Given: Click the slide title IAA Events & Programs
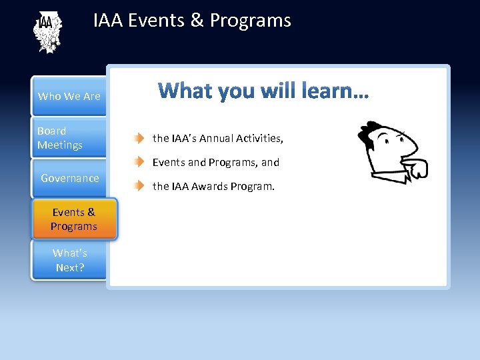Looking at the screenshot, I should point(192,21).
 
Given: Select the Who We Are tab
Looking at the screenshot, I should point(69,96).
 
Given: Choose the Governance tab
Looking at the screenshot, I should point(69,178).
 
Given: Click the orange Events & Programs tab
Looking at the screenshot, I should point(73,219).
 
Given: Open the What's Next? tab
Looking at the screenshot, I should point(70,260).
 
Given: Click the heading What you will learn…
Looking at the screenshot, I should point(263,90).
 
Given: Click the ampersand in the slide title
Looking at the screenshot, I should point(197,21).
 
